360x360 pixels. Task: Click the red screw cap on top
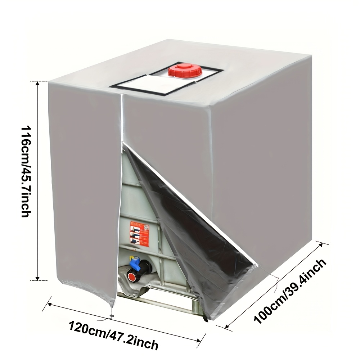(x=184, y=70)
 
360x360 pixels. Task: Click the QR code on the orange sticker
(x=146, y=227)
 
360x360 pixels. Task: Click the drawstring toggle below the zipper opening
(x=111, y=316)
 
